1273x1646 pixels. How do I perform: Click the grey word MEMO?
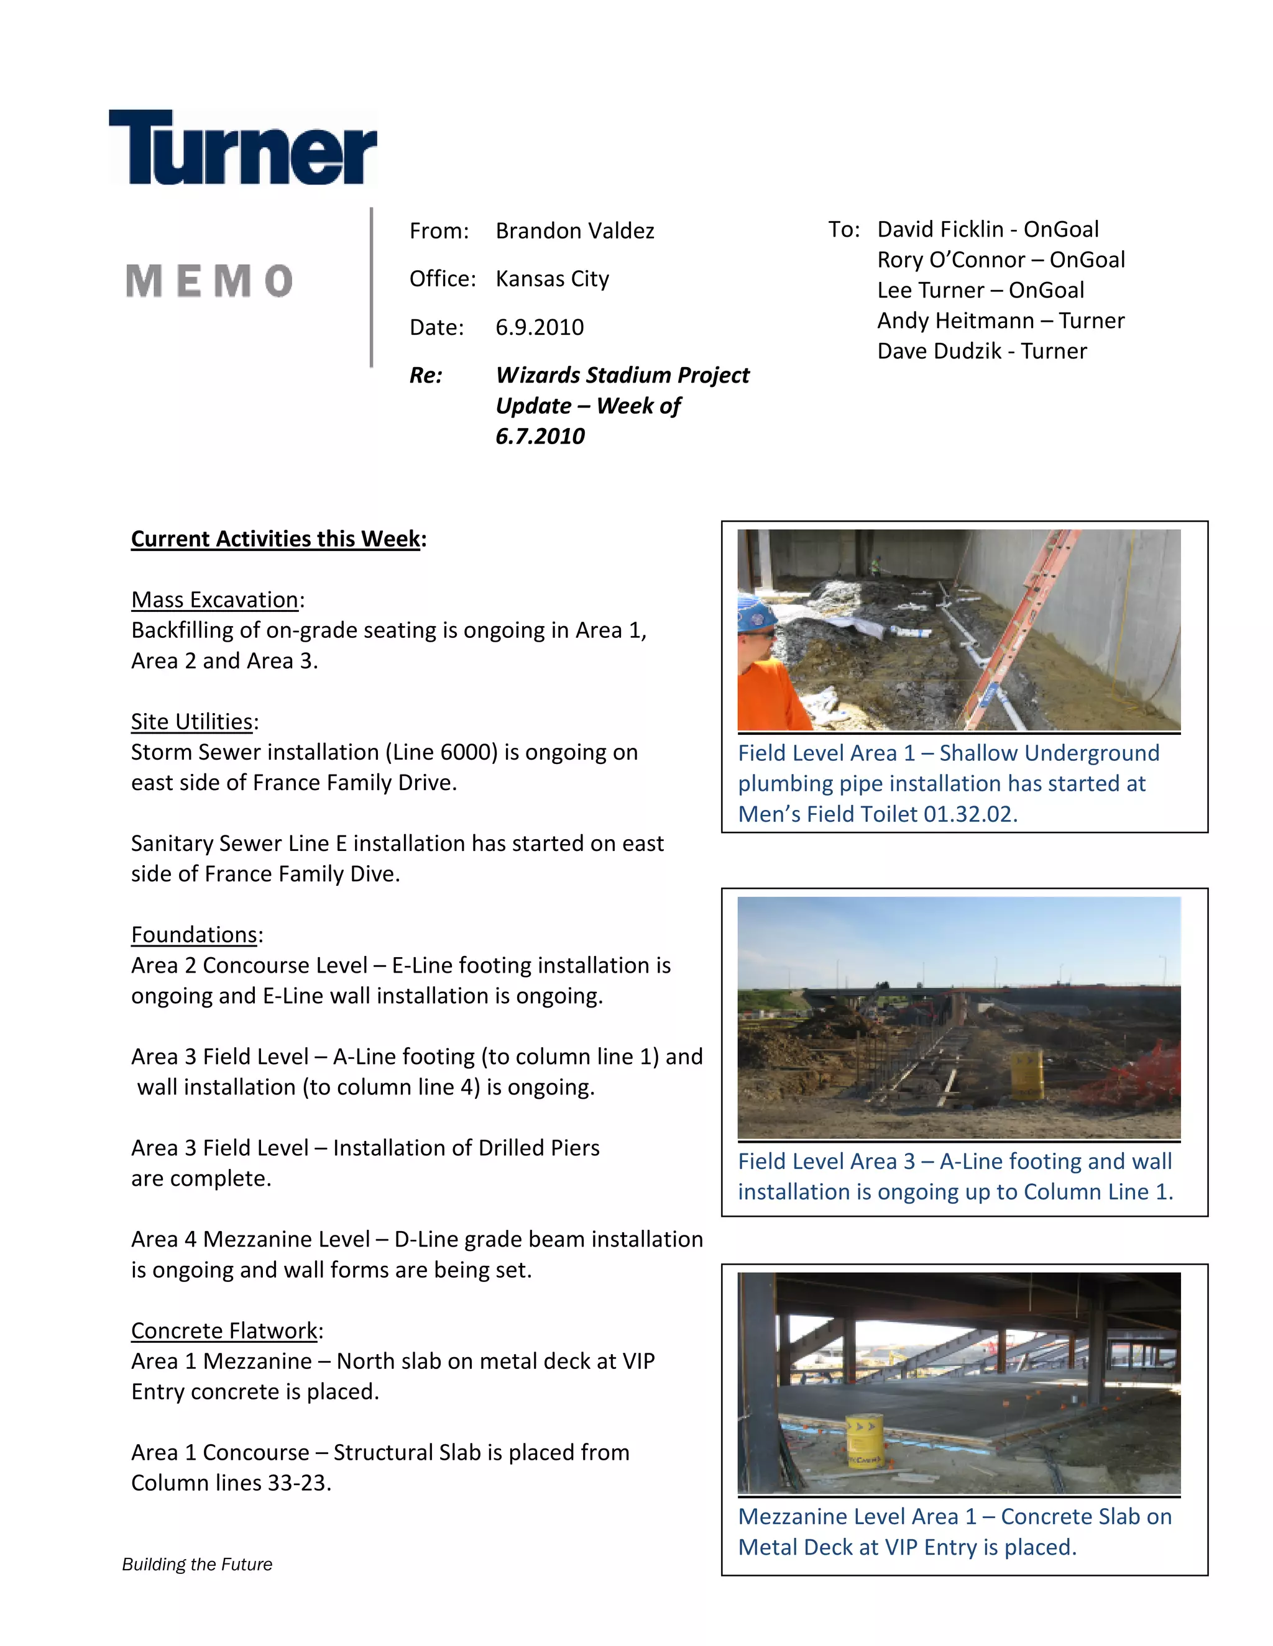[x=209, y=281]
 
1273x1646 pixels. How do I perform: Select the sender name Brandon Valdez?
[x=575, y=230]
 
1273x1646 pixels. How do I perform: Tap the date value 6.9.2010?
[x=539, y=327]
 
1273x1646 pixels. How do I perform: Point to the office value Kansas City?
[x=552, y=279]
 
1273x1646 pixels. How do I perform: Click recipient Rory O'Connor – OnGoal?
[x=1000, y=260]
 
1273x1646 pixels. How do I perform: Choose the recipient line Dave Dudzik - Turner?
[x=981, y=351]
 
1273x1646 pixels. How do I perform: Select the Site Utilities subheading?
[x=191, y=722]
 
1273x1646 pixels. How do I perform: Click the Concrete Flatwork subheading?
[x=225, y=1331]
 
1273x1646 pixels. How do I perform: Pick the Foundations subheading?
[x=195, y=935]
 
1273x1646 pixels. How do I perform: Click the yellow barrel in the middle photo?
[x=1026, y=1073]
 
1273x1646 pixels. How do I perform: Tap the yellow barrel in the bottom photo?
[x=864, y=1441]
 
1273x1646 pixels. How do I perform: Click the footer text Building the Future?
[x=197, y=1565]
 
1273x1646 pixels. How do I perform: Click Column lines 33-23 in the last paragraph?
[x=230, y=1483]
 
